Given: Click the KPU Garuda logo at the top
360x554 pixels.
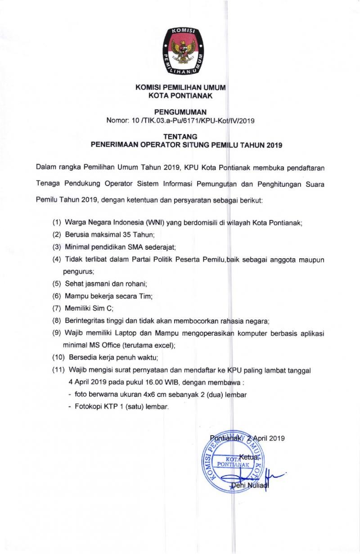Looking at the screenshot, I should point(182,50).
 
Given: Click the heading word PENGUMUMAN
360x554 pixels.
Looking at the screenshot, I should point(180,111).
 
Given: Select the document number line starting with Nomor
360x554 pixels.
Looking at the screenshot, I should point(180,120).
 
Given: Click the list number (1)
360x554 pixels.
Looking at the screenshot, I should point(57,223).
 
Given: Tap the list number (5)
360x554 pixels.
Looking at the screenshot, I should point(57,284).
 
